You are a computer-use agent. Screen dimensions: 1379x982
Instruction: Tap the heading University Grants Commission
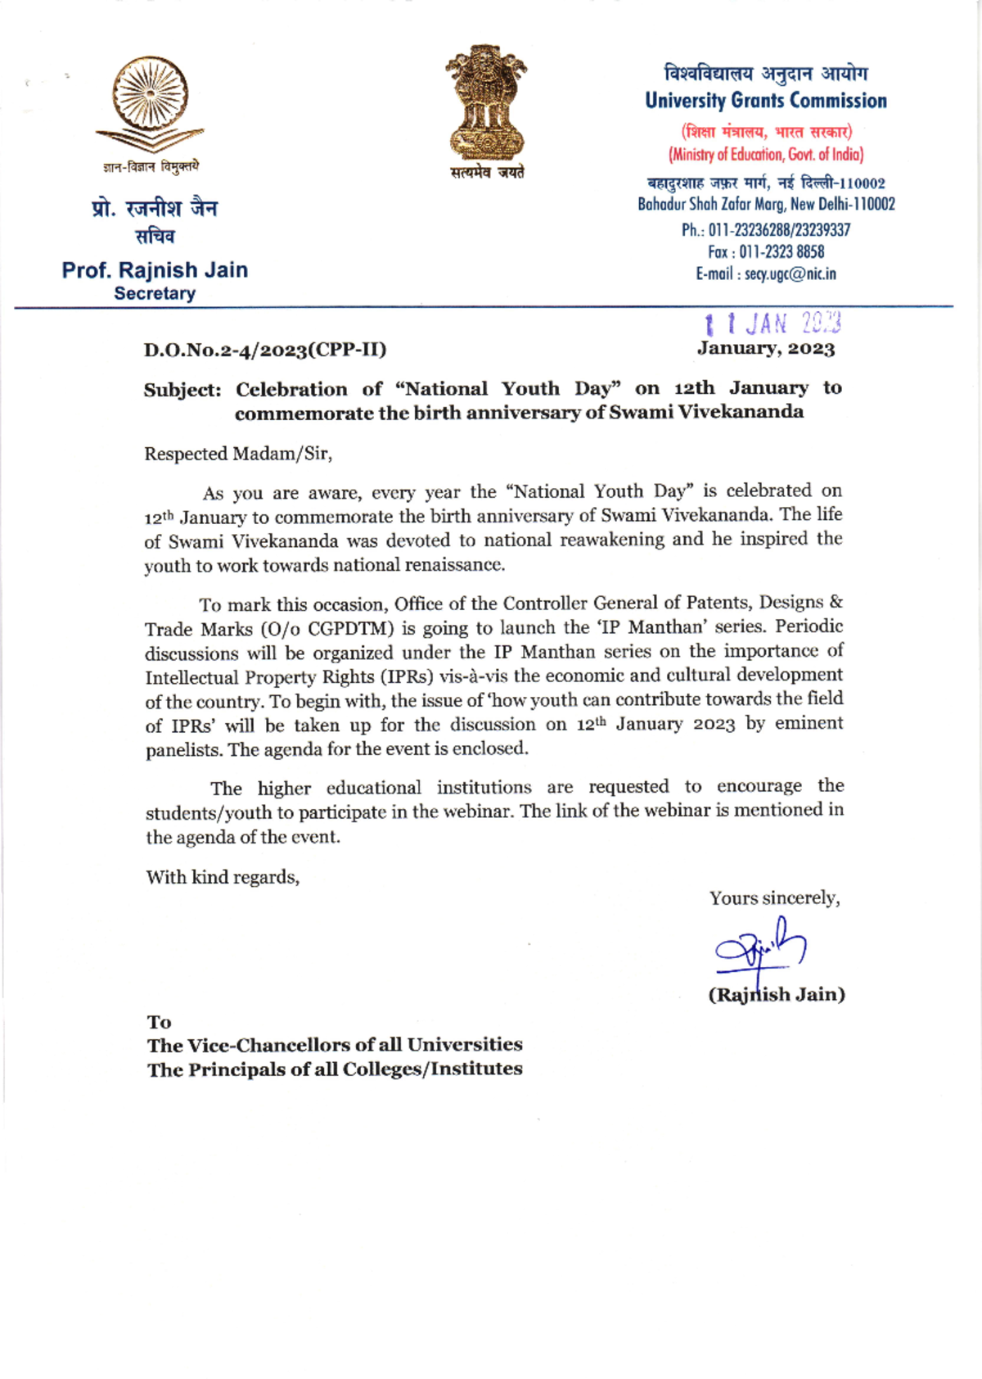click(x=766, y=101)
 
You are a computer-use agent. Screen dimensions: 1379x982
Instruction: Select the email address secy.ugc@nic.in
click(x=790, y=274)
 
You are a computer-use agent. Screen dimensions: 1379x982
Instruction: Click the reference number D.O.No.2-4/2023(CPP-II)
click(x=265, y=350)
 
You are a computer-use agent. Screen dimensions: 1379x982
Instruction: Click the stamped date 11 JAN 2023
click(x=773, y=323)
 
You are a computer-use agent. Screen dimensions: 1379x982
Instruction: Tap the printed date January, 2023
click(x=766, y=349)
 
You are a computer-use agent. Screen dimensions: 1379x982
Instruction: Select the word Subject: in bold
click(x=182, y=390)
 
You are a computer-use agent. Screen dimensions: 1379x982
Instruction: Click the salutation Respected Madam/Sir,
click(x=238, y=454)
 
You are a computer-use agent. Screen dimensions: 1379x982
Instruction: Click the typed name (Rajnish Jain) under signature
click(x=777, y=995)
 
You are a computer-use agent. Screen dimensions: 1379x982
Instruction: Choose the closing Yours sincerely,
click(x=774, y=898)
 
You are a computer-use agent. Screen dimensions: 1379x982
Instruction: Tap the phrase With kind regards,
click(x=223, y=877)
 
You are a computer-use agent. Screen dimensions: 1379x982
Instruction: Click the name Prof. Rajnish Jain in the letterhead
click(x=155, y=270)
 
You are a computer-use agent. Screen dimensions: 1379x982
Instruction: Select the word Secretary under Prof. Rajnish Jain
click(x=155, y=293)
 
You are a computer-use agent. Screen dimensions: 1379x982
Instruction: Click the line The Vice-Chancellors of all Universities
click(x=335, y=1045)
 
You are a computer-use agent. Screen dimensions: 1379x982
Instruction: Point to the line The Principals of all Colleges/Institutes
click(x=335, y=1069)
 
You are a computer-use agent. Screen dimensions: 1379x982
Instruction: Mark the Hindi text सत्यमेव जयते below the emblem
click(x=487, y=173)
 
